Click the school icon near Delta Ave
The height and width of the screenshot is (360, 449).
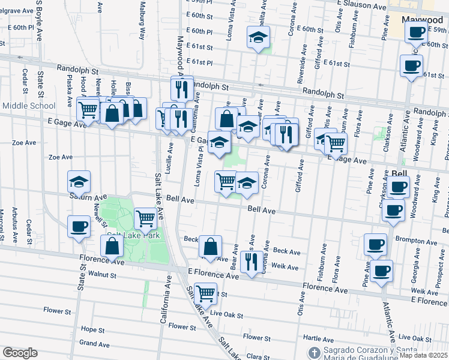tap(258, 38)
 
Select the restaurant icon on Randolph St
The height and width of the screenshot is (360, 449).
tap(181, 89)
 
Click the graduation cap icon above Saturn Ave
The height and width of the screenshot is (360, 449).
tap(79, 182)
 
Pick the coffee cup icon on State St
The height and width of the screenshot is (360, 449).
tap(79, 227)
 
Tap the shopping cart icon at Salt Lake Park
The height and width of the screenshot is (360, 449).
tap(145, 218)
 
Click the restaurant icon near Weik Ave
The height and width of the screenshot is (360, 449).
tap(250, 260)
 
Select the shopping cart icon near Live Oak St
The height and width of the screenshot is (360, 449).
tap(205, 293)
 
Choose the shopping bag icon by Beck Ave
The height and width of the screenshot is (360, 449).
tap(210, 246)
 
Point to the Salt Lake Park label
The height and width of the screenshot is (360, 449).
tap(129, 235)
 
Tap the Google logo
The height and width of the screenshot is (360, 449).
tap(20, 353)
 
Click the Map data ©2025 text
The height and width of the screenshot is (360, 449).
tap(423, 355)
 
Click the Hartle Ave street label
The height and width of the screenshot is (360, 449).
tap(319, 338)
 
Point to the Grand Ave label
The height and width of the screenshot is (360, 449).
tap(94, 344)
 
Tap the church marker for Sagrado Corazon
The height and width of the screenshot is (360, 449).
tap(313, 352)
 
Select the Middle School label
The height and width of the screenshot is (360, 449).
tap(28, 106)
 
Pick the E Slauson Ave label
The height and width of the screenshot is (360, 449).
tap(363, 5)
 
